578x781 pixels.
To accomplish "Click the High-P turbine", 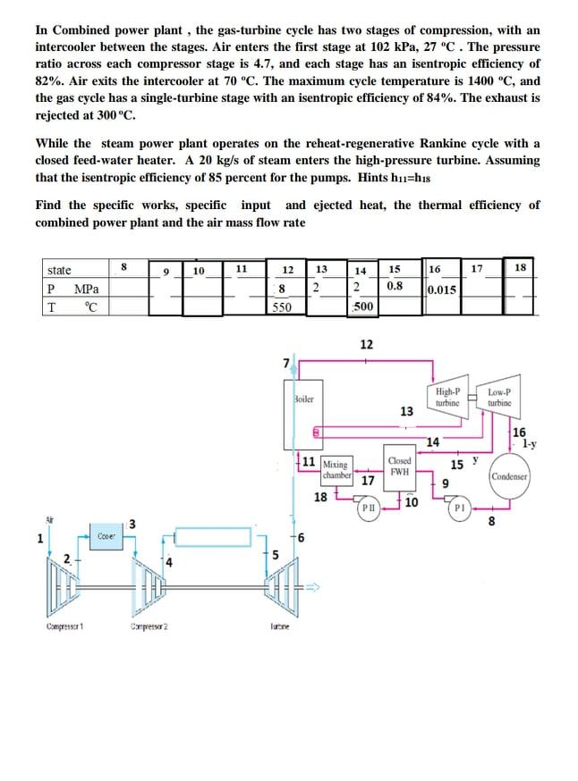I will [446, 398].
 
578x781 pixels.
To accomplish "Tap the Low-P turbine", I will [498, 398].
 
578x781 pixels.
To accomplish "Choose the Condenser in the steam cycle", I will [511, 476].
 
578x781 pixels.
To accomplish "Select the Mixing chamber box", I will [336, 469].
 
